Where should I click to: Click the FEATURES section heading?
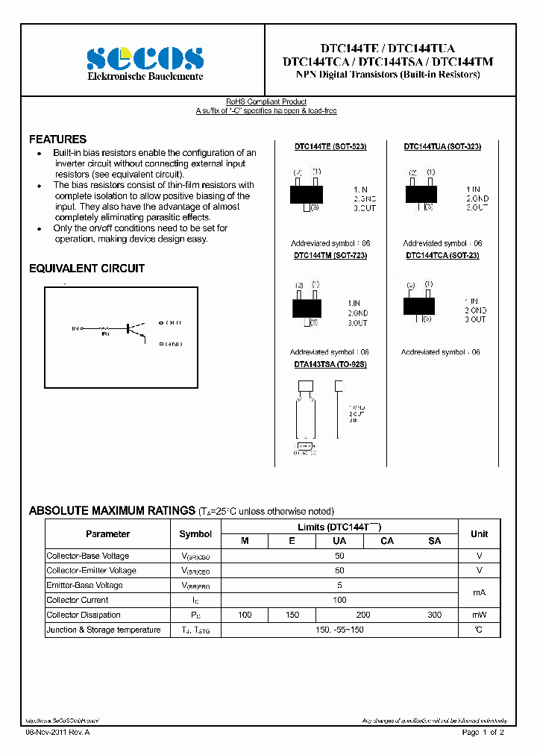click(x=57, y=140)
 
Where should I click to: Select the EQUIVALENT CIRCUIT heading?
click(x=87, y=269)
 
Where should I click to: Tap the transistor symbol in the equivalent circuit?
click(x=135, y=329)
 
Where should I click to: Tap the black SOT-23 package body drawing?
click(x=418, y=306)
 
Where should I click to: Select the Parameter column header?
click(x=108, y=534)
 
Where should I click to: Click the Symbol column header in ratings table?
click(x=195, y=534)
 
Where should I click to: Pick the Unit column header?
click(x=479, y=534)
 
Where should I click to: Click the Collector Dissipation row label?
click(x=84, y=615)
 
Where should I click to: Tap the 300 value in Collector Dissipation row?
click(x=435, y=615)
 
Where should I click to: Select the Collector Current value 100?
click(x=340, y=600)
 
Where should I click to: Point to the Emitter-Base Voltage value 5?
click(x=340, y=585)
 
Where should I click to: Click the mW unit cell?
click(x=479, y=615)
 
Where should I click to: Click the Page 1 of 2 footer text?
click(x=483, y=733)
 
